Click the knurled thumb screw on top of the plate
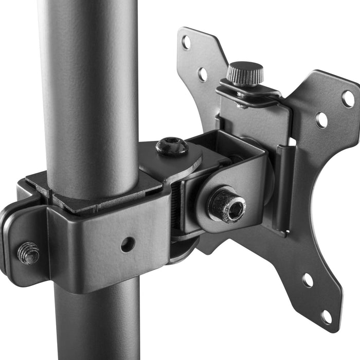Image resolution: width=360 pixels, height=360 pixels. click(x=245, y=73)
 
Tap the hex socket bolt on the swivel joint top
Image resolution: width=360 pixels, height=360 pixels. click(x=171, y=147)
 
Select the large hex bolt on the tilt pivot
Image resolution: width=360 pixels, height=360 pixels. click(x=227, y=205)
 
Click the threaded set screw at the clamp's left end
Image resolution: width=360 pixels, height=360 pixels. click(x=28, y=253)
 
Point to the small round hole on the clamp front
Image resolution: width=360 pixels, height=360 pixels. click(x=128, y=244)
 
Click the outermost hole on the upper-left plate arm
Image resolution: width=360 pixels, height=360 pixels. click(x=186, y=43)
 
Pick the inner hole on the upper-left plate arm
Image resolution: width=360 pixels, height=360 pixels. click(x=203, y=74)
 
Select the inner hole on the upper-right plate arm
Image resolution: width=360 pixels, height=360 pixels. click(x=322, y=120)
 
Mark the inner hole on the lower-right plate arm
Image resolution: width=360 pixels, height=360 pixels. click(x=308, y=280)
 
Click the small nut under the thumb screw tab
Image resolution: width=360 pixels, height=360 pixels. click(x=241, y=105)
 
